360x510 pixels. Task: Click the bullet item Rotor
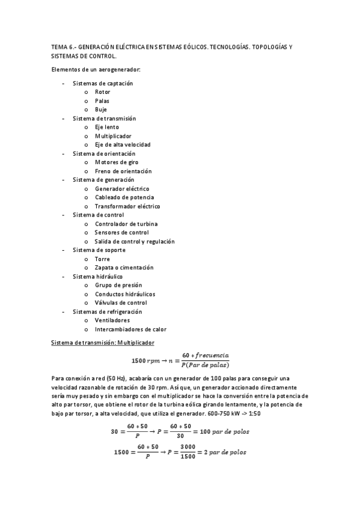102,92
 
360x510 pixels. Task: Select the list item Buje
101,109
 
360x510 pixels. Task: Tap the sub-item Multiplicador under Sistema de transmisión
112,136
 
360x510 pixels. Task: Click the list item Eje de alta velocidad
122,145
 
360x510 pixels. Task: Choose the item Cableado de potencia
124,197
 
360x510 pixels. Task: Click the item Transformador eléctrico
127,206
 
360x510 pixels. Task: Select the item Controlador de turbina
126,224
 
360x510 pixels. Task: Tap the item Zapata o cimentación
124,268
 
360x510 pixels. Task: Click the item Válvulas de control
121,303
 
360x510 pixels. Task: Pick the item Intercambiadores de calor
130,329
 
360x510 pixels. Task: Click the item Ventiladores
112,321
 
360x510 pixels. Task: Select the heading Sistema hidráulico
97,277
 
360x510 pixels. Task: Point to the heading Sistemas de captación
102,83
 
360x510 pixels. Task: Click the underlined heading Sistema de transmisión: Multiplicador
103,343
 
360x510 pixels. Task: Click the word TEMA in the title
59,46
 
